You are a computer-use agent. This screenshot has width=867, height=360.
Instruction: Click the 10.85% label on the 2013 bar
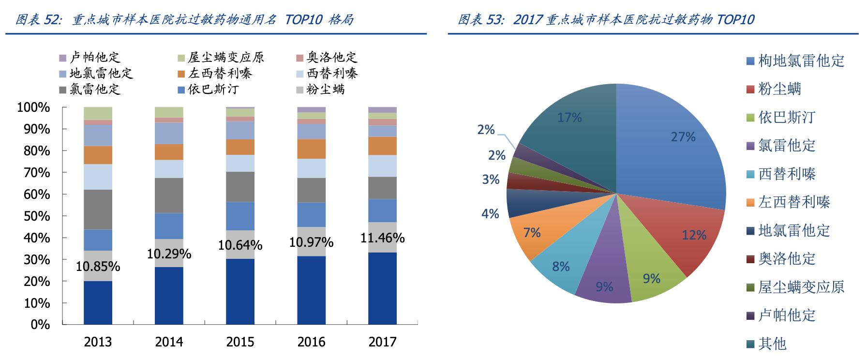click(98, 267)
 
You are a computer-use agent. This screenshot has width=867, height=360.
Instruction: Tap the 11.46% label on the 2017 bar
click(382, 238)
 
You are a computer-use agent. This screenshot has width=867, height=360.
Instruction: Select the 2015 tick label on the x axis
click(240, 342)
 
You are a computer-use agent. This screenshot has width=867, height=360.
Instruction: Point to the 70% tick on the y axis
click(34, 173)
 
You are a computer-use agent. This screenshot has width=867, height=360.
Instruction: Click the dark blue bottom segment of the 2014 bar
click(169, 295)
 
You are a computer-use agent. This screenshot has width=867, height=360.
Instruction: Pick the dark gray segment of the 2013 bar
click(98, 210)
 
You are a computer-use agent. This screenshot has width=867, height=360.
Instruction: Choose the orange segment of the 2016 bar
click(311, 149)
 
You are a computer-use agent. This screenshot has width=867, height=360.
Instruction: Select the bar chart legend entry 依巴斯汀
click(213, 90)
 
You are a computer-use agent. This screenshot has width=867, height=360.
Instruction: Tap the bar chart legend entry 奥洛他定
click(332, 58)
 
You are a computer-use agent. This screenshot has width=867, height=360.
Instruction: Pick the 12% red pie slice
click(687, 232)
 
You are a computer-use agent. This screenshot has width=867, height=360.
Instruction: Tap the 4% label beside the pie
click(490, 213)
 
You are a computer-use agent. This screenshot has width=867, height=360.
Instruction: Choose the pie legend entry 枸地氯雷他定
click(801, 61)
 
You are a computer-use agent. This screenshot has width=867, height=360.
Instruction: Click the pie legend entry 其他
click(772, 344)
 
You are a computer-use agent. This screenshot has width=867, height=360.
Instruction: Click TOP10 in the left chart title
click(304, 20)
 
